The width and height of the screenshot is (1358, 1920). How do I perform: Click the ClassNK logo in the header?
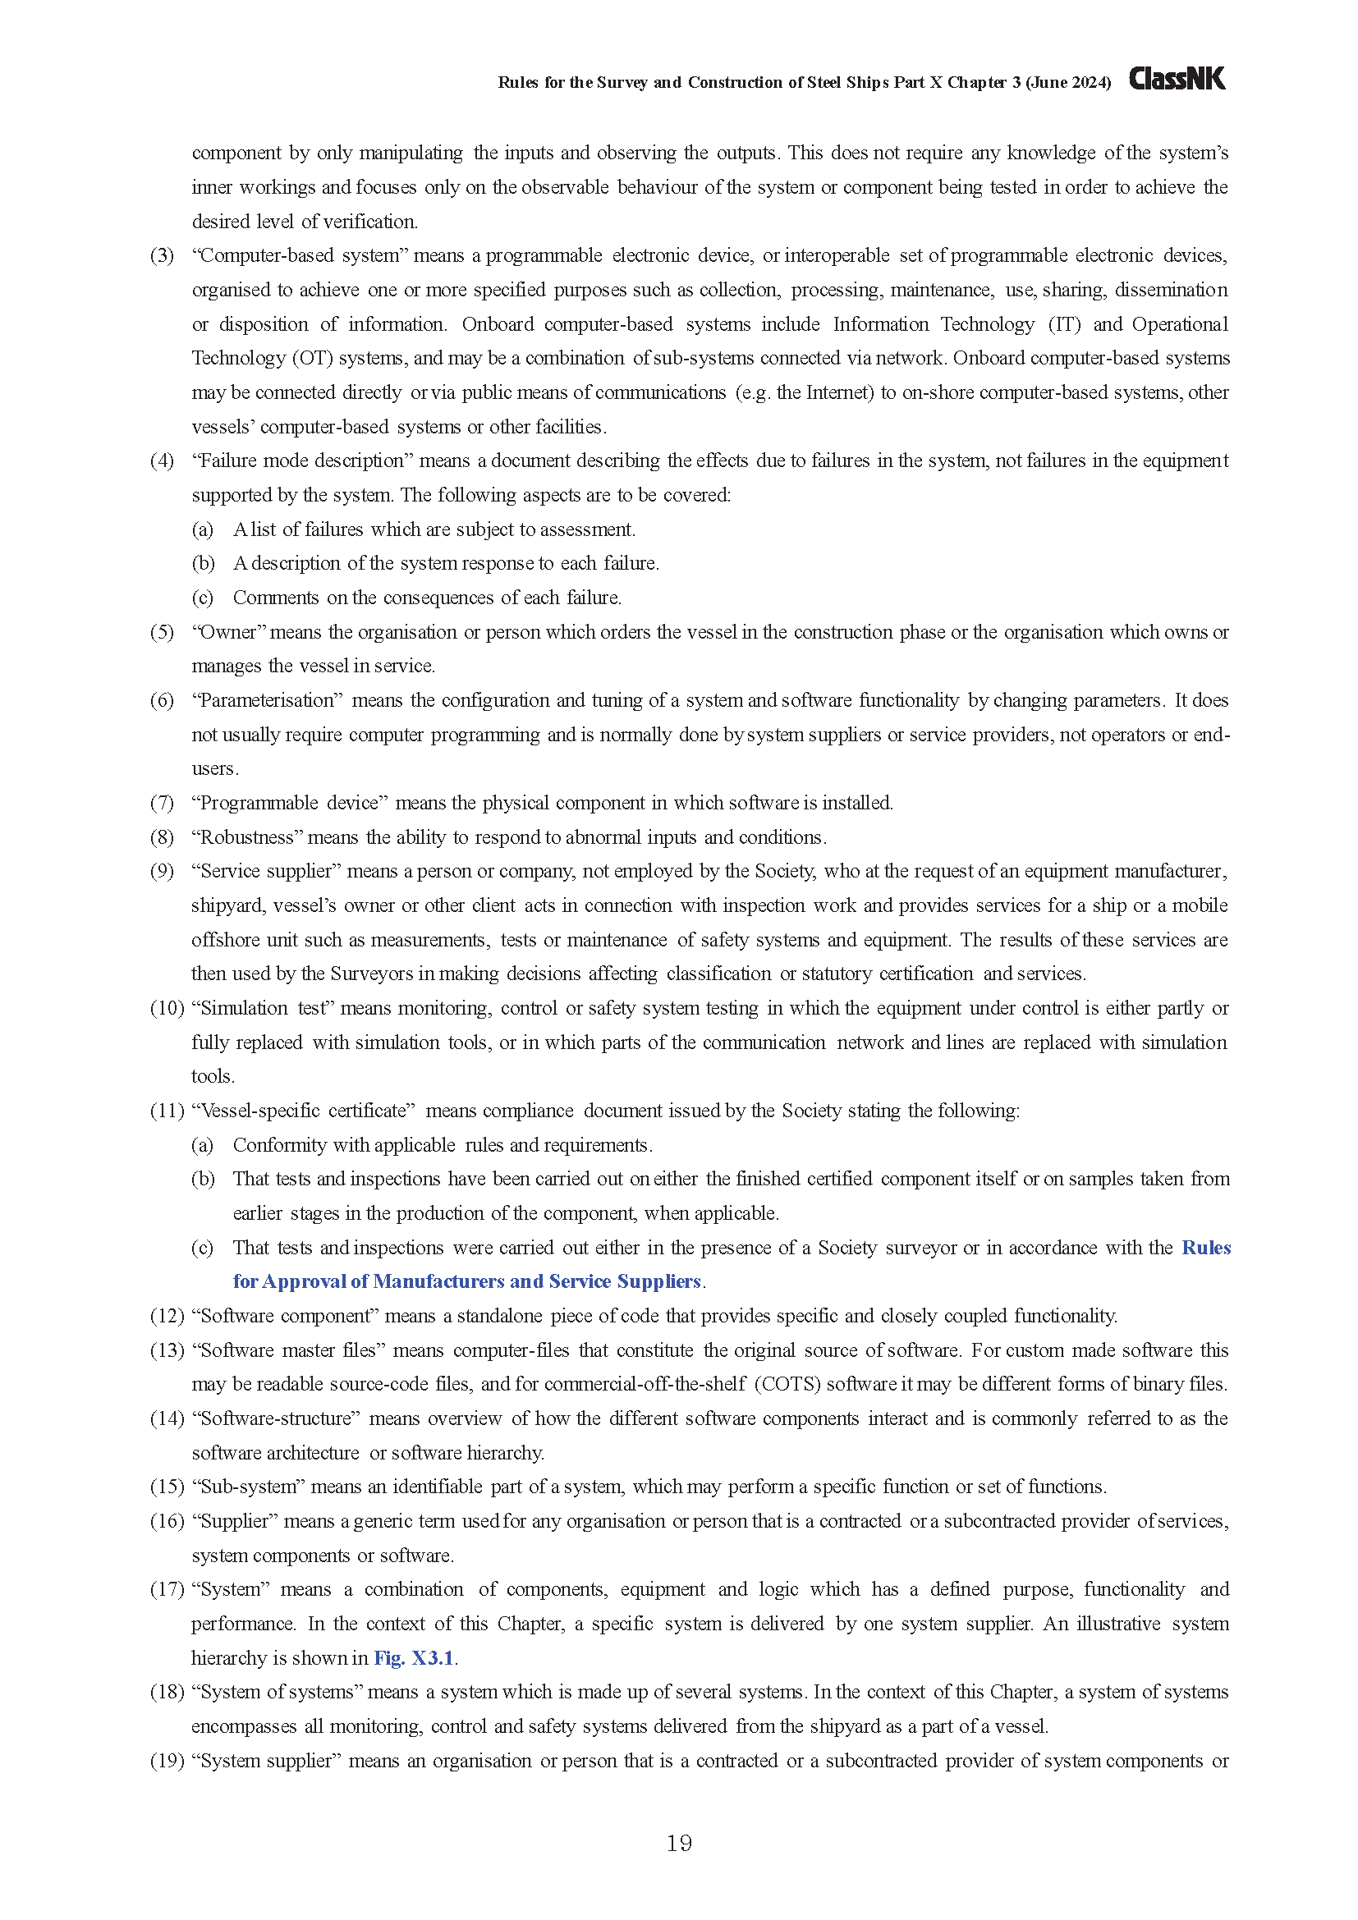point(1177,80)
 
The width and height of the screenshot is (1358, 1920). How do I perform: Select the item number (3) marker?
point(163,256)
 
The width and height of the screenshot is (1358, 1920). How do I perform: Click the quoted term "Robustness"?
point(247,837)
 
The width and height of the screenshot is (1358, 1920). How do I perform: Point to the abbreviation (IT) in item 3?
point(1065,324)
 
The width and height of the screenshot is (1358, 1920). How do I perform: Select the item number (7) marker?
point(163,803)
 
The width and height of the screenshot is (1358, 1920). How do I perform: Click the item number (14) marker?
point(167,1418)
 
